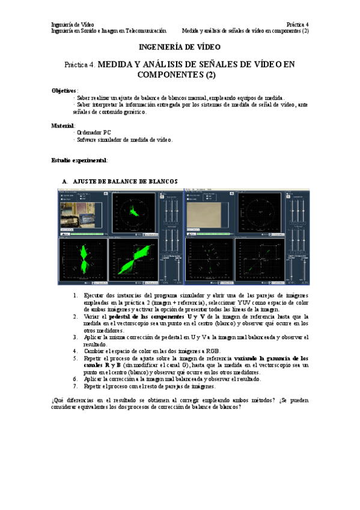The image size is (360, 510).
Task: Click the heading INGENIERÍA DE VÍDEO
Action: (180, 46)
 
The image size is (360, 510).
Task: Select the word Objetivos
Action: (64, 90)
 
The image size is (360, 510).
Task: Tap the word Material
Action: (63, 126)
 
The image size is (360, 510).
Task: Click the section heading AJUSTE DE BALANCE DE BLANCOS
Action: (125, 181)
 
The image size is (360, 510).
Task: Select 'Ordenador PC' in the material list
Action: (94, 132)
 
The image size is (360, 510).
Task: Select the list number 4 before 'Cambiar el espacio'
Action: (75, 351)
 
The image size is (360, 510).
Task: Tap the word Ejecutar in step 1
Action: (94, 295)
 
